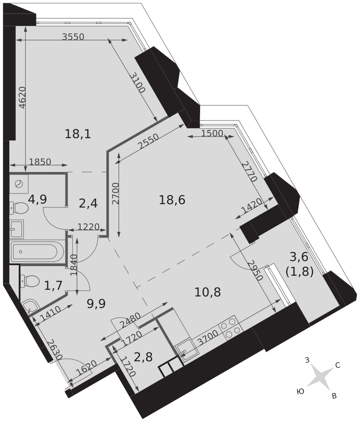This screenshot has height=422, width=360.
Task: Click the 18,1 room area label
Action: [x=78, y=134]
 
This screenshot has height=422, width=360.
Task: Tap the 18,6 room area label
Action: [x=172, y=200]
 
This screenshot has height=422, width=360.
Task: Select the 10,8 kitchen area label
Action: [x=208, y=292]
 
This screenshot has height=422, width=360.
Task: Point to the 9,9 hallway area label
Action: [x=96, y=304]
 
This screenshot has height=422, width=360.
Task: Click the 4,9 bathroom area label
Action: [x=38, y=200]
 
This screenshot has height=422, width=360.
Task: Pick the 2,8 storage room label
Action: [x=143, y=357]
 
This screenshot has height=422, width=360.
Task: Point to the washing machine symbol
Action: [x=19, y=184]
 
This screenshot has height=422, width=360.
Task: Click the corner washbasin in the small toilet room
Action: [x=29, y=307]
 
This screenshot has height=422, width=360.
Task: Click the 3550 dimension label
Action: [x=73, y=37]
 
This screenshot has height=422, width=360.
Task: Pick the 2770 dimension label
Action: [x=249, y=171]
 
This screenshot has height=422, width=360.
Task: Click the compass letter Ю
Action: [x=300, y=391]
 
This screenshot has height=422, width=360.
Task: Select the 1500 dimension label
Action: [x=212, y=133]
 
